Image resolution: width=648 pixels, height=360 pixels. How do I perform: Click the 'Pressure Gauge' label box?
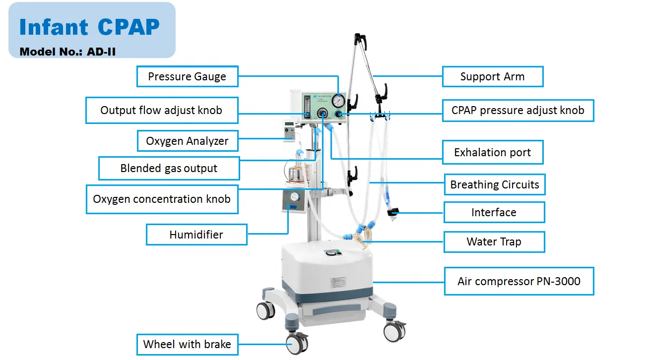pyautogui.click(x=187, y=77)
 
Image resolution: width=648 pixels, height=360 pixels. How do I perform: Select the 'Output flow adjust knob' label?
pyautogui.click(x=161, y=110)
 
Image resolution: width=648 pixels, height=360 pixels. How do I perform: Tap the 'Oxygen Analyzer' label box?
pyautogui.click(x=187, y=141)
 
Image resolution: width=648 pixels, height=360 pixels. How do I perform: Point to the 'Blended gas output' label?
pyautogui.click(x=169, y=168)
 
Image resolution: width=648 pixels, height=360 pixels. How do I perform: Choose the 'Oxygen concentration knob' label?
pyautogui.click(x=162, y=199)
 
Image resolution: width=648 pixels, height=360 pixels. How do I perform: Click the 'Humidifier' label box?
pyautogui.click(x=196, y=235)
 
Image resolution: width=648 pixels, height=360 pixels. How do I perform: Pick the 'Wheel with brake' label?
pyautogui.click(x=187, y=344)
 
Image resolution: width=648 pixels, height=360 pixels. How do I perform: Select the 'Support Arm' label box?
pyautogui.click(x=492, y=77)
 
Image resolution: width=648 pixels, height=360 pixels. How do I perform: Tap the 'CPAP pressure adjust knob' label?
pyautogui.click(x=518, y=110)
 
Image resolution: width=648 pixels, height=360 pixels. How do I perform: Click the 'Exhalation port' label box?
pyautogui.click(x=492, y=152)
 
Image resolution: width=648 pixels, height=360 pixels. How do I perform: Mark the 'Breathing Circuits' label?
pyautogui.click(x=494, y=185)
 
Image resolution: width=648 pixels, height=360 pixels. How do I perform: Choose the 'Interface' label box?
pyautogui.click(x=494, y=212)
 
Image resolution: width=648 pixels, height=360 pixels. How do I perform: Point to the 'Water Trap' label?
pyautogui.click(x=494, y=242)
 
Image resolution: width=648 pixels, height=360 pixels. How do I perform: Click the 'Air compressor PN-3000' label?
pyautogui.click(x=518, y=282)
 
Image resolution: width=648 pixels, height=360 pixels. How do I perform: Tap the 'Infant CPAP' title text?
pyautogui.click(x=89, y=27)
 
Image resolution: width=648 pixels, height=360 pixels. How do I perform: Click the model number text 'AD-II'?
pyautogui.click(x=102, y=51)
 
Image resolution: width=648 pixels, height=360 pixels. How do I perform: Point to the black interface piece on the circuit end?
pyautogui.click(x=393, y=214)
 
